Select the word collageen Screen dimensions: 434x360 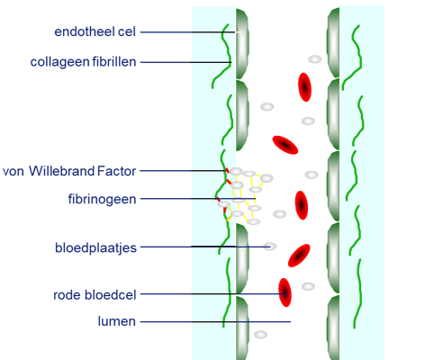(60, 62)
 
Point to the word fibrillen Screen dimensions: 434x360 (114, 62)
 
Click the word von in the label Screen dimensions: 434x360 (14, 172)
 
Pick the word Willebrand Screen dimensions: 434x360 (61, 171)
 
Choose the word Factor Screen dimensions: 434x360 (116, 171)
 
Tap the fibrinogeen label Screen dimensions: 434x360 (102, 199)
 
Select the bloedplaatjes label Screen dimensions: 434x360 (95, 247)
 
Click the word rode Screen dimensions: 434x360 (68, 295)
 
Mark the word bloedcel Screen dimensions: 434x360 (111, 295)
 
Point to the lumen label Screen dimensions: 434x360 (117, 321)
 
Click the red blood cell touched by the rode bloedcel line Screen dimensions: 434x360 (285, 292)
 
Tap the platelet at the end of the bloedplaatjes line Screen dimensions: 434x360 (270, 247)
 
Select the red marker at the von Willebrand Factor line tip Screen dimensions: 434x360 (227, 171)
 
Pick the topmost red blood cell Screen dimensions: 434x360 (304, 87)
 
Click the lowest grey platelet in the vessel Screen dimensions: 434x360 (260, 335)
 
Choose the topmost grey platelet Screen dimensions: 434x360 (314, 59)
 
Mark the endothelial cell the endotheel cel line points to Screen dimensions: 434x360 (242, 44)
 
